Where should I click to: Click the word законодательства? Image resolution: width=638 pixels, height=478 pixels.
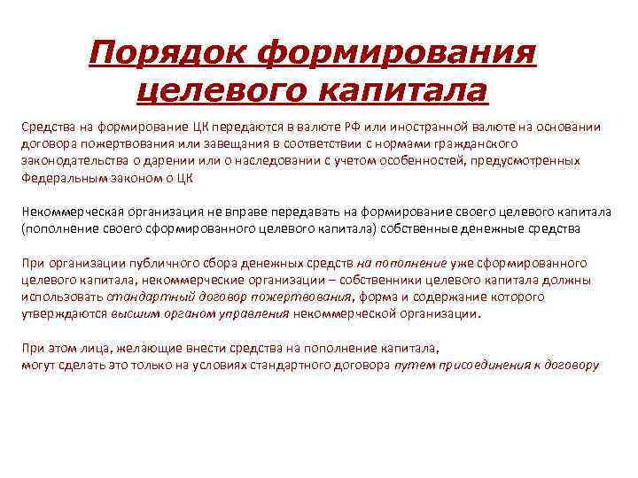coord(75,160)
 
